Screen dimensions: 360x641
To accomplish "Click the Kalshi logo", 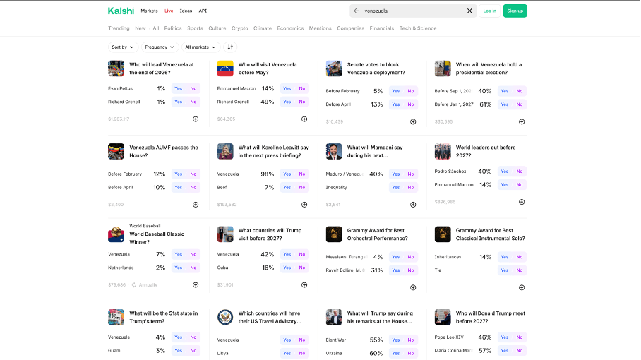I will coord(121,11).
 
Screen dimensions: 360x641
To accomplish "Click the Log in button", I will coord(489,11).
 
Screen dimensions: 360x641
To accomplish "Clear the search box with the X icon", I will coord(469,11).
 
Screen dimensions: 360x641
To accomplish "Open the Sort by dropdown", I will coord(123,47).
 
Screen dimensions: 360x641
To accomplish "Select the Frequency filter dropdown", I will coord(160,47).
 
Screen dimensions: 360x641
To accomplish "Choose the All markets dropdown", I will coord(200,47).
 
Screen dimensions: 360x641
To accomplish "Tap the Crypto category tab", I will coord(240,28).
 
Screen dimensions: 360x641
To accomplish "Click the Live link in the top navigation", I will coord(169,11).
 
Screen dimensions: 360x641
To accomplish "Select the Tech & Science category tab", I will coord(418,28).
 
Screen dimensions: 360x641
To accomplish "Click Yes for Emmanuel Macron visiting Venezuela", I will coord(287,88).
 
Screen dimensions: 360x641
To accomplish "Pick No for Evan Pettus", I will coord(193,88).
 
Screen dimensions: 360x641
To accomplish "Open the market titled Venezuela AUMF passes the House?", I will coord(163,151).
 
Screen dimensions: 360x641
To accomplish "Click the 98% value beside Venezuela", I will coord(267,174).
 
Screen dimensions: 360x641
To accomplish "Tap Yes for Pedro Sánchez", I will coord(504,172).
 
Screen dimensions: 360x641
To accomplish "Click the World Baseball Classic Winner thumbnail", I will coord(116,234).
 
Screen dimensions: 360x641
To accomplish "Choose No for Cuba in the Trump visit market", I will coord(301,268).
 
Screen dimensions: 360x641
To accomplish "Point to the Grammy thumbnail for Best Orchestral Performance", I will coord(334,234).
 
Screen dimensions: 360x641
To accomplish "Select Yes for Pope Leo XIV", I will coord(504,337).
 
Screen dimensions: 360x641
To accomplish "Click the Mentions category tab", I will coord(320,28).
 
